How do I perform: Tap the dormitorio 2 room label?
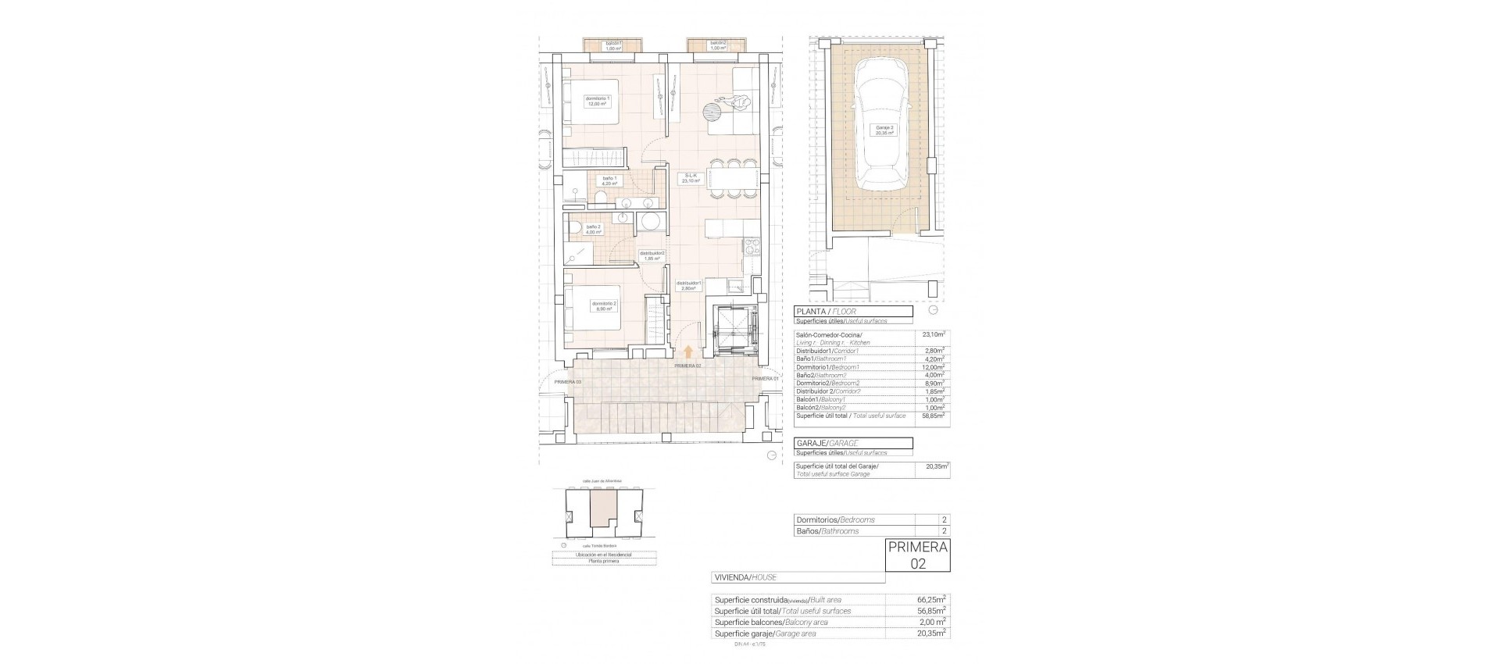[605, 305]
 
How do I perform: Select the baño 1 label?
[609, 181]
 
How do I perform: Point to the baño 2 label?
[594, 229]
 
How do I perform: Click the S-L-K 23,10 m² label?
[691, 178]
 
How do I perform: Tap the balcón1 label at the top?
[613, 45]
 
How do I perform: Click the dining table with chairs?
[734, 180]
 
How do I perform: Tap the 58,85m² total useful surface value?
[933, 416]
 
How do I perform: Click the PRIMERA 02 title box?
[918, 555]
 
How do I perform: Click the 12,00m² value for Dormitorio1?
[933, 367]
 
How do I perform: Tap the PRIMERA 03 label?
[568, 382]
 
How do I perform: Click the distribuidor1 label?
[689, 286]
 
